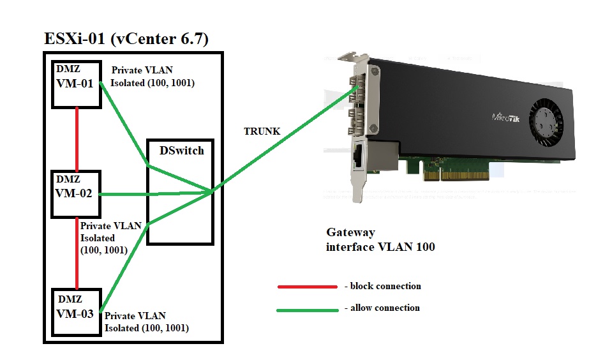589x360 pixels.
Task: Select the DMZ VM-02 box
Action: point(76,193)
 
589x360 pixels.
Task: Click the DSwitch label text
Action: point(181,151)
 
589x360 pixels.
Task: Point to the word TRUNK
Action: point(262,131)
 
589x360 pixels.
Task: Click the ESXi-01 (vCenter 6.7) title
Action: point(126,40)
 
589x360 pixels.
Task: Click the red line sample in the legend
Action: point(307,287)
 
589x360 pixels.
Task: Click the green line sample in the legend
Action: point(307,310)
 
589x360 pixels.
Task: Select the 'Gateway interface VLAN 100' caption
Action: point(380,240)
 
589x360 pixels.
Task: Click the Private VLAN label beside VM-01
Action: point(152,77)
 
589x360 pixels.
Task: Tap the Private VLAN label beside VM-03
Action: point(146,322)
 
